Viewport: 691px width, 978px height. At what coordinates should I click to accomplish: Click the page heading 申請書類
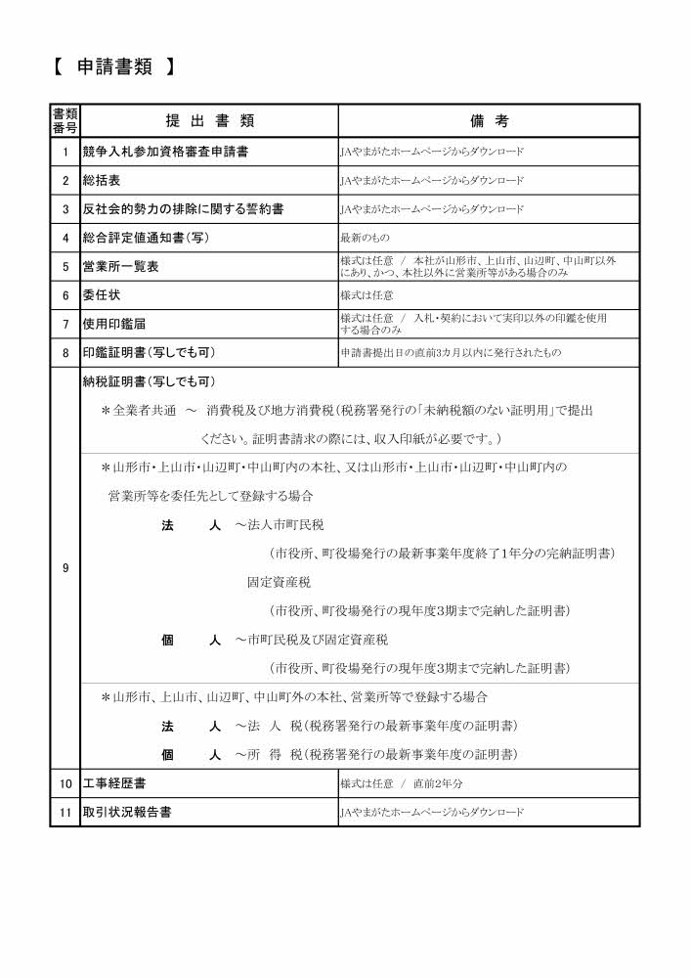pos(111,67)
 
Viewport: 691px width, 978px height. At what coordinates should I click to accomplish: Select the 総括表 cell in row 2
pos(102,181)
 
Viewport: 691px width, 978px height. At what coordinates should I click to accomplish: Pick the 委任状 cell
pos(102,294)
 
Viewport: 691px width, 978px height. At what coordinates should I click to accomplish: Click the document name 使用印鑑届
pos(114,323)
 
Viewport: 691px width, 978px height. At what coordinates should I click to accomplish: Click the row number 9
pos(65,568)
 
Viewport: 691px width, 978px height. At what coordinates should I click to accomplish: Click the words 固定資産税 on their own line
pos(279,581)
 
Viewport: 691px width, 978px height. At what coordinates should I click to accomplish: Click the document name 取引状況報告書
pos(127,812)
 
